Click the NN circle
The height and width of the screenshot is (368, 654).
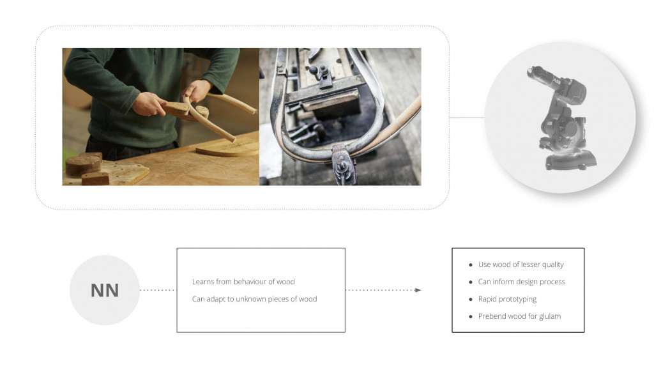tap(105, 290)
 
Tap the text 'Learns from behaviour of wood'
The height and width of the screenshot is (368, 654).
tap(243, 282)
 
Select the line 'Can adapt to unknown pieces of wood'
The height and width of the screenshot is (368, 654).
tap(254, 299)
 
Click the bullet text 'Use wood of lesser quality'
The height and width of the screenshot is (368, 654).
tap(521, 264)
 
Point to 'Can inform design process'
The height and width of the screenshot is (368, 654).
tap(521, 282)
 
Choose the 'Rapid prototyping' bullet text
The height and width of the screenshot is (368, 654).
tap(507, 299)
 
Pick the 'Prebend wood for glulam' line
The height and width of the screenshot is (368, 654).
tap(519, 316)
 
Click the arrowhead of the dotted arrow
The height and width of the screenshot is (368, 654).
tap(418, 290)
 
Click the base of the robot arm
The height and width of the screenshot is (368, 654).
tap(570, 160)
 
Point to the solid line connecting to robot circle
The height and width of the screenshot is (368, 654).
tap(467, 118)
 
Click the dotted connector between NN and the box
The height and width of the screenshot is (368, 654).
tap(158, 290)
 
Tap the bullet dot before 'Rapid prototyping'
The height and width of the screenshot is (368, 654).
tap(471, 299)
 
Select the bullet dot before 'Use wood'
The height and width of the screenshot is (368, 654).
tap(471, 265)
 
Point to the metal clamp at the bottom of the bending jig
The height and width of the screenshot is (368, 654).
tap(344, 164)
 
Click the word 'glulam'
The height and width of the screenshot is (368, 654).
tap(550, 316)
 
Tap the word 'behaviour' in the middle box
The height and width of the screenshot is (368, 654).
tap(250, 282)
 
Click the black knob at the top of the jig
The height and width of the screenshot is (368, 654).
tap(313, 70)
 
